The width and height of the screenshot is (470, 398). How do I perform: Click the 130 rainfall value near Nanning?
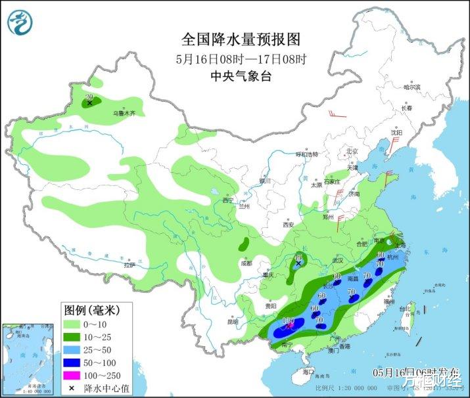tap(287, 321)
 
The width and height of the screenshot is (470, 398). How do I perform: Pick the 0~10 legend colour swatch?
tap(75, 324)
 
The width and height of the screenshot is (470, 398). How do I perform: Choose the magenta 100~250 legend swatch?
tap(75, 374)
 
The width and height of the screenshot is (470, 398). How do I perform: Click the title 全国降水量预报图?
tap(235, 38)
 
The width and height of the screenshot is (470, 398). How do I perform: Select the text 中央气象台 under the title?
tap(235, 76)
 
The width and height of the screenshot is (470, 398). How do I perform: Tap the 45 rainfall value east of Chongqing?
tap(299, 258)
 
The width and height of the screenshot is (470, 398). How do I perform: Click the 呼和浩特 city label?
tap(306, 154)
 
